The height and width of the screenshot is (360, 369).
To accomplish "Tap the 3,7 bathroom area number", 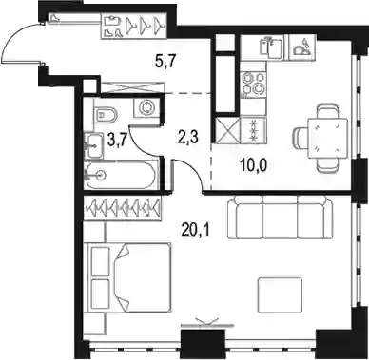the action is click(116, 141).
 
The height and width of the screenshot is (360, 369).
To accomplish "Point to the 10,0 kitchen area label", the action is click(254, 165).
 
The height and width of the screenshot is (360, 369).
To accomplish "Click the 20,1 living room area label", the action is click(195, 231).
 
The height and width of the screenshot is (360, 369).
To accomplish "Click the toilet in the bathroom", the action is click(106, 114).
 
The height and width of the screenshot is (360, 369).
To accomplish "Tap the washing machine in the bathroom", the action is click(146, 107).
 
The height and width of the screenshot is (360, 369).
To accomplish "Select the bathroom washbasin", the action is click(94, 145).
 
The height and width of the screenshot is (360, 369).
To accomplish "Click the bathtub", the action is click(121, 175).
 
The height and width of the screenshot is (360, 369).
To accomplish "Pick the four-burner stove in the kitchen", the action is click(253, 84).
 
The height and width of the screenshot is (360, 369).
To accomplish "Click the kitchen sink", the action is click(270, 47).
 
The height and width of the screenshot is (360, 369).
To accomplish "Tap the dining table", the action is click(328, 139).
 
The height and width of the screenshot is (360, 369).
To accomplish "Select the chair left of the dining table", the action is click(301, 139).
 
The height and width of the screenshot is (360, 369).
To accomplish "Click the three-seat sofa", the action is click(281, 217).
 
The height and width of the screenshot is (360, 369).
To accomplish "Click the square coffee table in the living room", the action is click(280, 294).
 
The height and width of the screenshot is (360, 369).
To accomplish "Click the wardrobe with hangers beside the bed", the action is click(123, 207).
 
